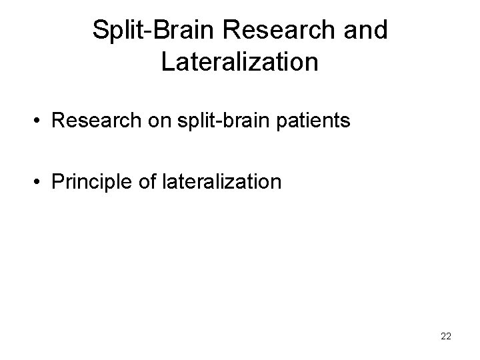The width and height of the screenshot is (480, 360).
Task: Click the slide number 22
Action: coord(446,336)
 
